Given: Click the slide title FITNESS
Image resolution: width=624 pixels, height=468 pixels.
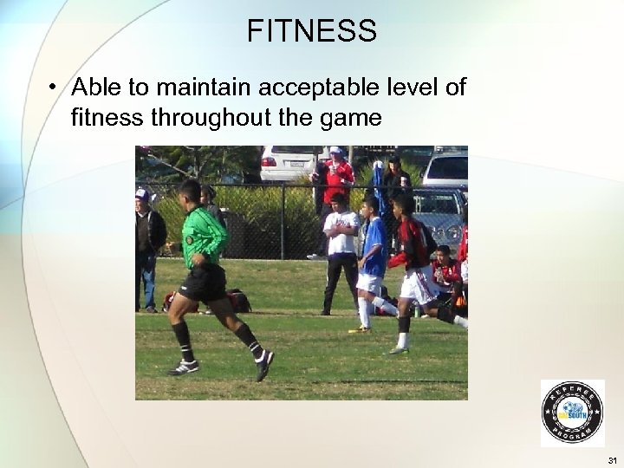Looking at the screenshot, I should tap(311, 31).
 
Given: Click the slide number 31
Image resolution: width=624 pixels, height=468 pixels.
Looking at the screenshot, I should tap(613, 459).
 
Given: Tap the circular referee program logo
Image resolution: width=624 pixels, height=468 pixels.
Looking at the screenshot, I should tap(572, 413).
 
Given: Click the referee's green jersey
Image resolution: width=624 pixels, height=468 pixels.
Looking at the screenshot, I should tap(203, 237).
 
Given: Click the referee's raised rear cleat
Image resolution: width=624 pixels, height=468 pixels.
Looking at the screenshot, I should tap(263, 365).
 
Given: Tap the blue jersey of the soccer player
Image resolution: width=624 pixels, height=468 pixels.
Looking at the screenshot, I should tap(374, 246).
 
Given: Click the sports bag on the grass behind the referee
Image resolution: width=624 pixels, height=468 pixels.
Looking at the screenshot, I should tap(236, 301).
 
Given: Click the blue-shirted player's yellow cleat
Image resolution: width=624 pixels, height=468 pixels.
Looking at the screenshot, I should tap(359, 329).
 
